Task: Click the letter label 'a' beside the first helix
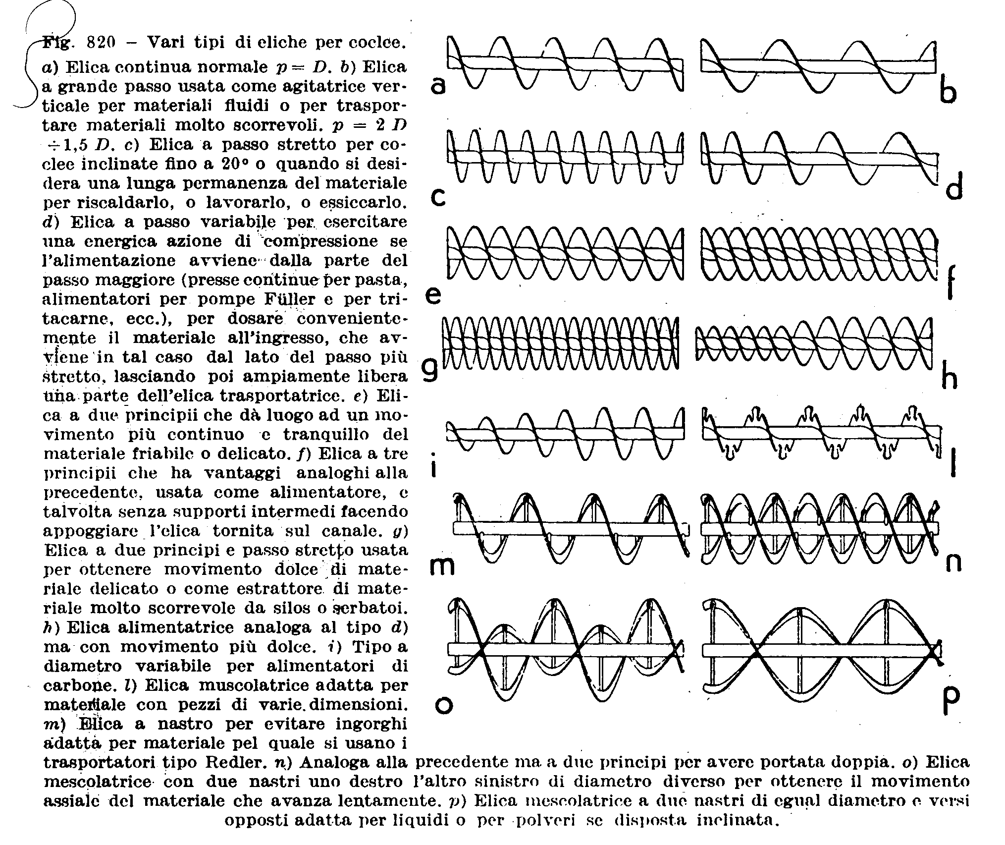438,86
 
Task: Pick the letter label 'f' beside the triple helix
951,283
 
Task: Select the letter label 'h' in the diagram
949,377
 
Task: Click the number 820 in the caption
100,43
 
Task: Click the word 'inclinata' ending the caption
738,820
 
